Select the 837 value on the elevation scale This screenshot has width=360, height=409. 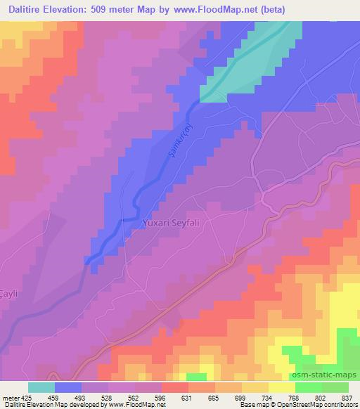347,397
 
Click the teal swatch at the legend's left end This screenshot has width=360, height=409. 41,387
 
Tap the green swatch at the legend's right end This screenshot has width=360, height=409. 335,387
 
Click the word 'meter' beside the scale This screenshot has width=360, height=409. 10,397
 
